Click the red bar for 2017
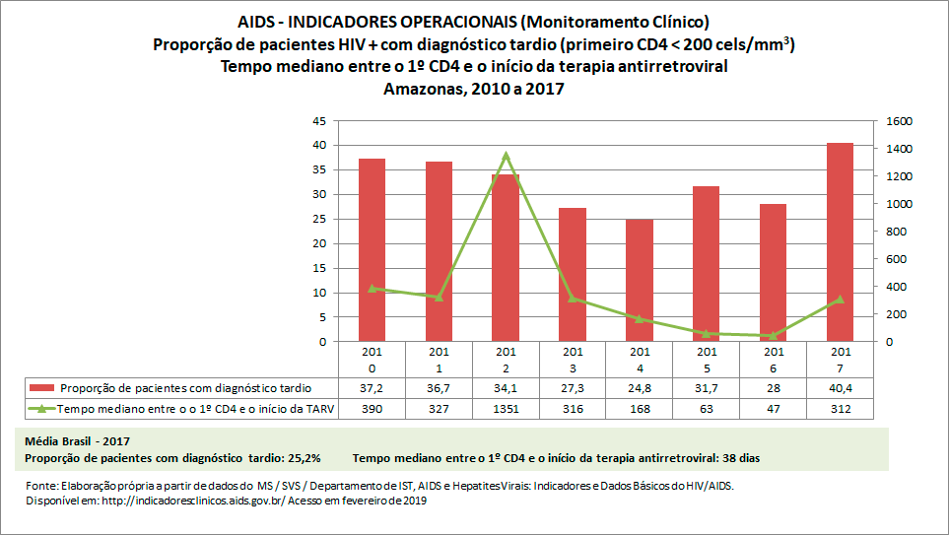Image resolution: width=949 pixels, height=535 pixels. point(840,242)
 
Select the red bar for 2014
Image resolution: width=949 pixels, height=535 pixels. point(639,281)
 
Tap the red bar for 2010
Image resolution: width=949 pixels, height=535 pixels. point(372,250)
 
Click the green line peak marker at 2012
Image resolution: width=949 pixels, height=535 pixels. point(506,156)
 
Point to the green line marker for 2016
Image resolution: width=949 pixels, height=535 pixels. point(773,335)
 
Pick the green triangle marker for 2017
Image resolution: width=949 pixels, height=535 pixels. point(840,299)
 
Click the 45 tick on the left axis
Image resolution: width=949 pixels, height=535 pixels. point(318,121)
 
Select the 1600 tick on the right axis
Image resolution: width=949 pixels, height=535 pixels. point(898,121)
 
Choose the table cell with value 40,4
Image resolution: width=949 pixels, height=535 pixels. point(840,388)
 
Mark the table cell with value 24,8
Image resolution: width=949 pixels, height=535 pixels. point(639,388)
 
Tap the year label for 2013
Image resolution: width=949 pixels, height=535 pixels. point(572,360)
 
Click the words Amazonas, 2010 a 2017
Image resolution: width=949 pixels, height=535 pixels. point(474,89)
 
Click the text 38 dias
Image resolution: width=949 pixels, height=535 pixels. point(738,458)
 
